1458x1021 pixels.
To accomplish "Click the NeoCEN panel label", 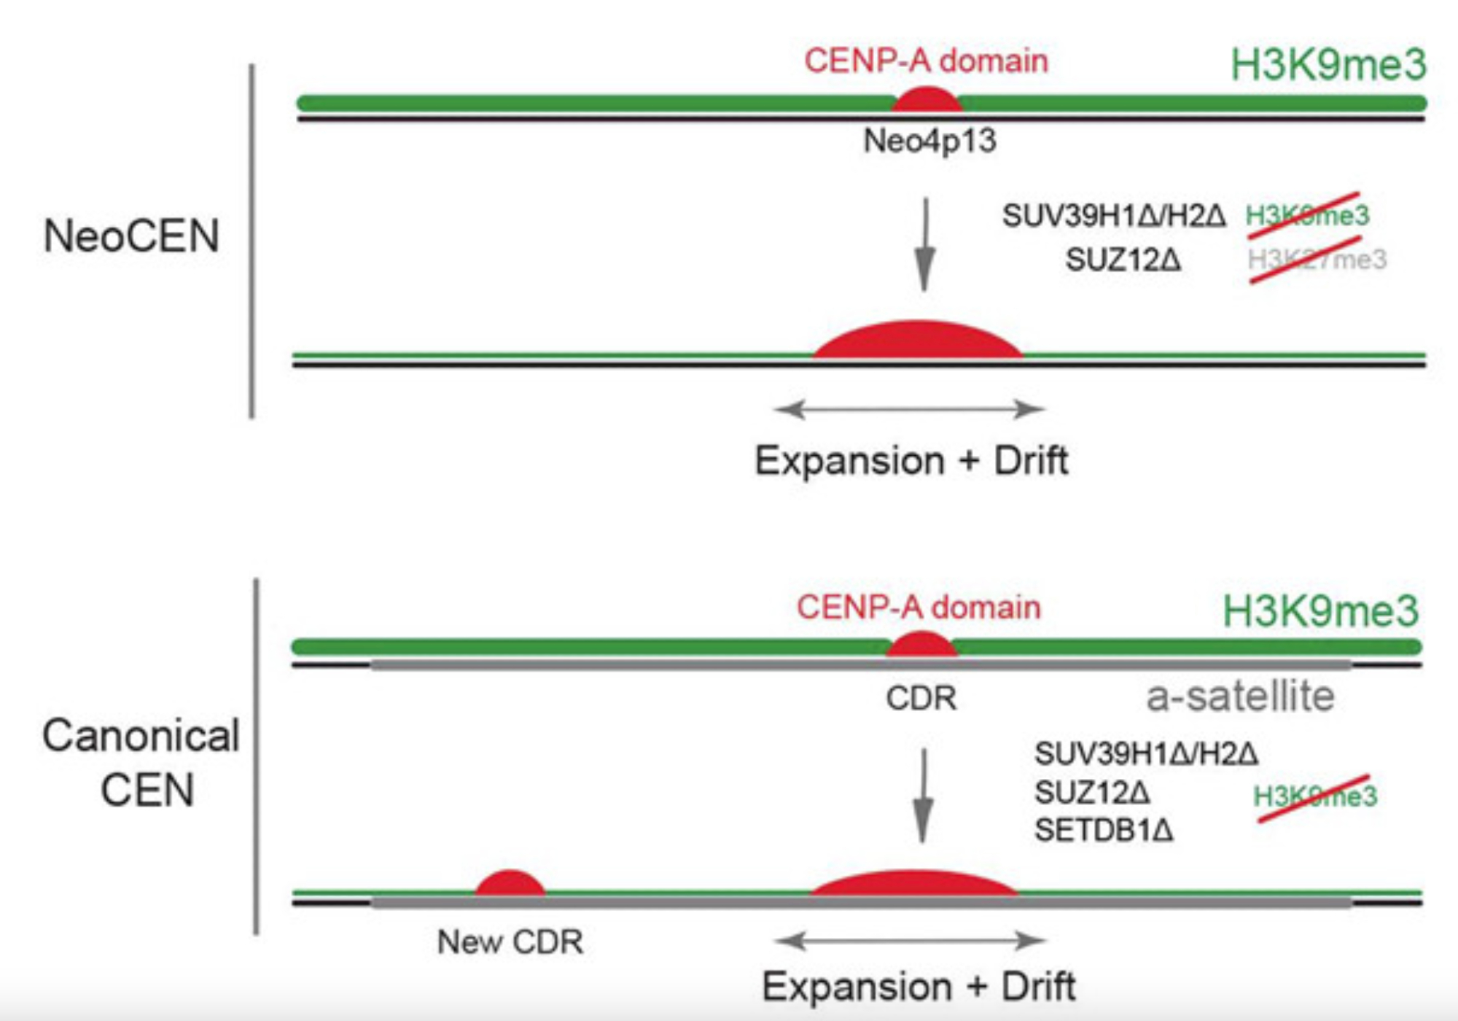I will click(131, 236).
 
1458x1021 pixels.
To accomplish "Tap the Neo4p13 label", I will click(929, 141).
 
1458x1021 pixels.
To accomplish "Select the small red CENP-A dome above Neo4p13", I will click(927, 101).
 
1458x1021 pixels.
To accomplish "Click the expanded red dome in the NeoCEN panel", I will click(918, 341).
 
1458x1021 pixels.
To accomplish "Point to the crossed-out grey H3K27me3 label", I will click(1317, 260).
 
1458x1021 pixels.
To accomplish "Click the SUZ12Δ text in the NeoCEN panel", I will click(1123, 260).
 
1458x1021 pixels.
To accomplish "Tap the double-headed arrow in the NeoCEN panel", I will click(909, 409).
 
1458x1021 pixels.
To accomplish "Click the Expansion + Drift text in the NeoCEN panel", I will click(911, 461).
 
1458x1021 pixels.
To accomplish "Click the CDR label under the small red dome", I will click(921, 699).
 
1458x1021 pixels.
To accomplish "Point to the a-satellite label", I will click(1240, 696).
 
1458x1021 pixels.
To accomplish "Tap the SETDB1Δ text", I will click(1104, 831).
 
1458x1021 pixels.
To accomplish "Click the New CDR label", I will click(510, 942).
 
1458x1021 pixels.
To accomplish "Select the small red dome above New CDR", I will click(510, 883).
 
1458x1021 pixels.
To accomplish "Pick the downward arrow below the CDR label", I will click(923, 796).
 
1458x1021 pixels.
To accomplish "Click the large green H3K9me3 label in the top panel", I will click(1328, 64).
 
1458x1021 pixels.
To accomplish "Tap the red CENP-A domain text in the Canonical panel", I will click(919, 607).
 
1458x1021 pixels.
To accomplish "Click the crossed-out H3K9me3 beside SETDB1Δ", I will click(1315, 796).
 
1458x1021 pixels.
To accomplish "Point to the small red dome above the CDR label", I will click(921, 645).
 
